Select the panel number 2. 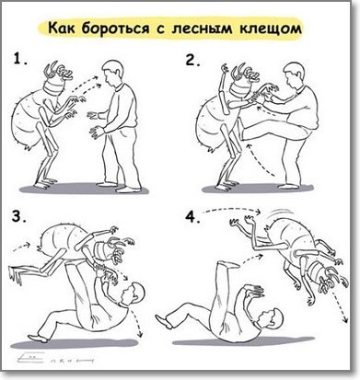click(192, 62)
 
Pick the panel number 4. click(192, 218)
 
